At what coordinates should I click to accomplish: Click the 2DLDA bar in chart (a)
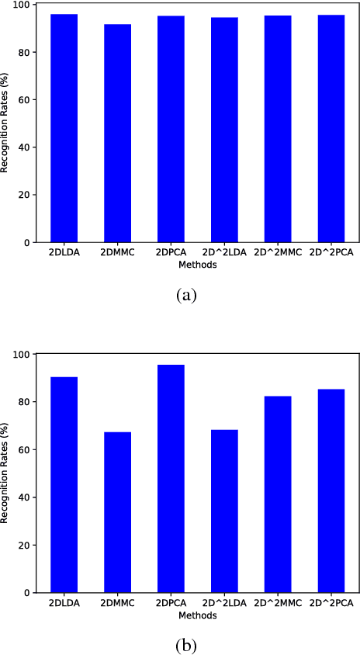pyautogui.click(x=64, y=128)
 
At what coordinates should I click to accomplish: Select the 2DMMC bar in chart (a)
pyautogui.click(x=117, y=133)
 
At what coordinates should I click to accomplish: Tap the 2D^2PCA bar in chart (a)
pyautogui.click(x=331, y=128)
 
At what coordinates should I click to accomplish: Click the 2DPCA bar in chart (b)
pyautogui.click(x=171, y=478)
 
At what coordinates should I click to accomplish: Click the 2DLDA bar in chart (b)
pyautogui.click(x=64, y=484)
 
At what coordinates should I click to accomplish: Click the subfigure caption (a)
pyautogui.click(x=187, y=296)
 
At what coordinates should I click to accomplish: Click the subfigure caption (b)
pyautogui.click(x=187, y=643)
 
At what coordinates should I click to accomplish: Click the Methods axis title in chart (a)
pyautogui.click(x=197, y=265)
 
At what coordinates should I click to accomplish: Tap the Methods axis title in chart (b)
pyautogui.click(x=197, y=615)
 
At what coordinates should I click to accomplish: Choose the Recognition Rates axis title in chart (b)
pyautogui.click(x=5, y=473)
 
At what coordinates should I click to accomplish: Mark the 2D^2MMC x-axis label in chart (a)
pyautogui.click(x=277, y=254)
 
